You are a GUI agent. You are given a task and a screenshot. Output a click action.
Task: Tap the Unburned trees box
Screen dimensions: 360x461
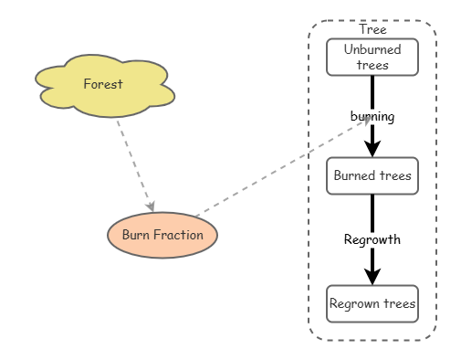pyautogui.click(x=372, y=57)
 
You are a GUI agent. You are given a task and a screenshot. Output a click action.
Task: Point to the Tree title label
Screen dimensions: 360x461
pyautogui.click(x=372, y=29)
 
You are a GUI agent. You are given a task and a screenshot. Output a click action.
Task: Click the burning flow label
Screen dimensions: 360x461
pyautogui.click(x=372, y=116)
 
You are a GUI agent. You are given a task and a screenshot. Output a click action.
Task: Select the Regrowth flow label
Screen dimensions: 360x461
pyautogui.click(x=372, y=239)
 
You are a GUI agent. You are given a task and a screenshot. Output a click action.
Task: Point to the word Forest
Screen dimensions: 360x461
pyautogui.click(x=103, y=84)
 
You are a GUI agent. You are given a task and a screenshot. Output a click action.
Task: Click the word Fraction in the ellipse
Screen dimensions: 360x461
pyautogui.click(x=178, y=235)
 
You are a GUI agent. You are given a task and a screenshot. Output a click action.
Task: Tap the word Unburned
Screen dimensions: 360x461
pyautogui.click(x=372, y=49)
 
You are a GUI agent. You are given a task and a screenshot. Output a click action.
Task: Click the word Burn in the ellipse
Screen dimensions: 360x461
pyautogui.click(x=135, y=235)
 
